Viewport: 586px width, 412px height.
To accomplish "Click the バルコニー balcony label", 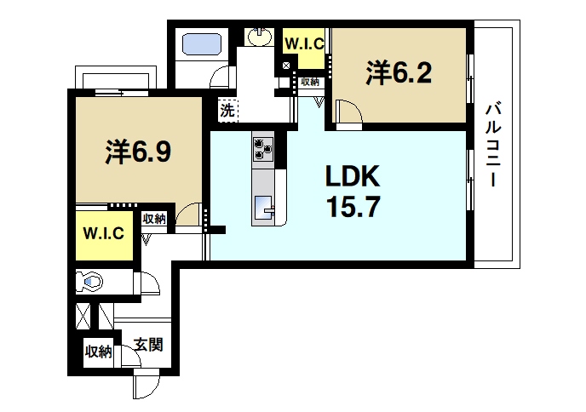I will click(492, 146).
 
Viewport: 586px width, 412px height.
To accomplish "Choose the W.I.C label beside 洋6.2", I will click(302, 43).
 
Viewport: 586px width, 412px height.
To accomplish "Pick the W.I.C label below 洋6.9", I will click(104, 233).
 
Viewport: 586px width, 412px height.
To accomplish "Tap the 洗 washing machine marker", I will click(227, 109).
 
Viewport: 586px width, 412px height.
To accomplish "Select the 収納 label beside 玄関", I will click(98, 351).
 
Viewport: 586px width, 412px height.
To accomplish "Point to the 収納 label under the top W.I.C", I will click(309, 82).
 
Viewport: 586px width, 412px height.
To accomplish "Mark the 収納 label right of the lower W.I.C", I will click(153, 219).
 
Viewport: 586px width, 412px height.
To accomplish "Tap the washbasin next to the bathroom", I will click(259, 37).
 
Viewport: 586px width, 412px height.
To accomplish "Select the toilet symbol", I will click(89, 280).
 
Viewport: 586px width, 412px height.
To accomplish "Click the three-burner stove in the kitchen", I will click(262, 150).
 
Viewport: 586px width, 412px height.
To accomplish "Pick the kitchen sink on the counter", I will click(263, 205).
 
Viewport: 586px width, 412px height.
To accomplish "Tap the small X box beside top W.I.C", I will click(286, 66).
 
